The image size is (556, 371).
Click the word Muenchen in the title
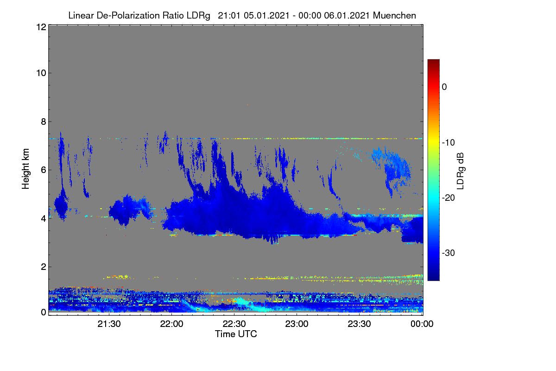click(394, 15)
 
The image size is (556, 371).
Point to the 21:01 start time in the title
click(229, 15)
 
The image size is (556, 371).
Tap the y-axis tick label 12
click(41, 27)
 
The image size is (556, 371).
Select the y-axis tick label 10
click(41, 73)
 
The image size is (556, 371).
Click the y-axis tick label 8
click(44, 122)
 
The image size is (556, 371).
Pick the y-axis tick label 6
click(44, 170)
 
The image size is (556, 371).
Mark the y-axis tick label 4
click(44, 218)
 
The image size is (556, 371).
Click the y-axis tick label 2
click(44, 267)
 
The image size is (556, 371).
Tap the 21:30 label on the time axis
click(109, 324)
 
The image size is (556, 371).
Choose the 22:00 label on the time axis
click(171, 324)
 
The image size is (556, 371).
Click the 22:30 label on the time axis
click(234, 324)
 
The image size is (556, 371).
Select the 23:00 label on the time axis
click(297, 324)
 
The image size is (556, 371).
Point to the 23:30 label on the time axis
click(359, 324)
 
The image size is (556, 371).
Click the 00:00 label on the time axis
click(422, 324)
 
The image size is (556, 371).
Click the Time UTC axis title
click(236, 334)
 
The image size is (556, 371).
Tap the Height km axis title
click(25, 169)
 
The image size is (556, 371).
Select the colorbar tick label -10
click(449, 143)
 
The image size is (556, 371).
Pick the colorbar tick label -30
click(449, 253)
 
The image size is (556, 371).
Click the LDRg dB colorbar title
click(460, 171)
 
